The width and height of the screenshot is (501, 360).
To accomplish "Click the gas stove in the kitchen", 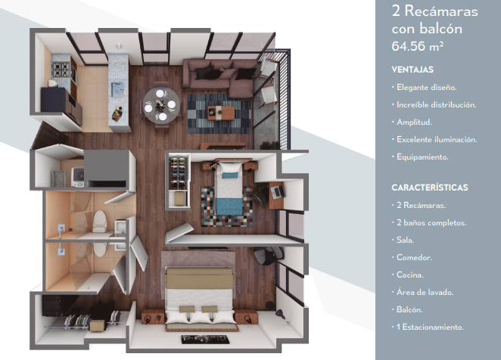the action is pos(61,70).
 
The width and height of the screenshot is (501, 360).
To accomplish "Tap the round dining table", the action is pos(161,105).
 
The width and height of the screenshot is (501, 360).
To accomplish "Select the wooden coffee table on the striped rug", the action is pos(222,113).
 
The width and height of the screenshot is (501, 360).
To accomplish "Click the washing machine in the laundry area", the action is pos(78,177).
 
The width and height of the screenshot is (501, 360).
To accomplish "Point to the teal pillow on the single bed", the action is pos(230,175).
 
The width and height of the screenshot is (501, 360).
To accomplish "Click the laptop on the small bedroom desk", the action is pos(277,191).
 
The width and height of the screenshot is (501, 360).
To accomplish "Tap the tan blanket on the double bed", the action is pos(199,278).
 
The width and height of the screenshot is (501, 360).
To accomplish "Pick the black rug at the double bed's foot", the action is pos(205,340).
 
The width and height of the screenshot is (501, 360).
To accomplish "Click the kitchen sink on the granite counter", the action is pos(117,89).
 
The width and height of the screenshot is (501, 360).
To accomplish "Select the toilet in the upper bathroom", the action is pos(99,221).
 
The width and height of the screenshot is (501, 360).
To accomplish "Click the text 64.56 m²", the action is pos(417,46).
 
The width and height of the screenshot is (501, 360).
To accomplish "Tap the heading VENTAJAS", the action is pos(412,70).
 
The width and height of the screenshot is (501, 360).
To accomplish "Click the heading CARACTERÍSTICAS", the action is pos(430,188).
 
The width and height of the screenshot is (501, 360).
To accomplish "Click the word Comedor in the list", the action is pos(414,257).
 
